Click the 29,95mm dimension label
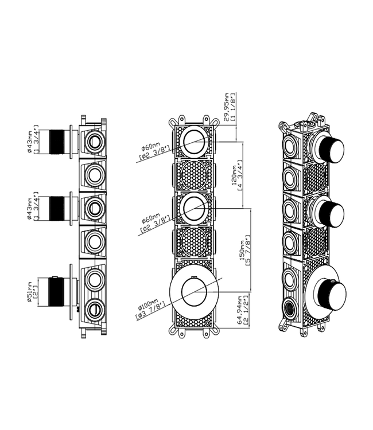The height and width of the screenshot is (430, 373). pyautogui.click(x=227, y=107)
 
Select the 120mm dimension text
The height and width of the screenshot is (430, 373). pyautogui.click(x=234, y=175)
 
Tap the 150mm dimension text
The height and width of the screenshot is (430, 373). pyautogui.click(x=242, y=251)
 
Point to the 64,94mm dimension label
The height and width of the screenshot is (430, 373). pyautogui.click(x=239, y=310)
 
